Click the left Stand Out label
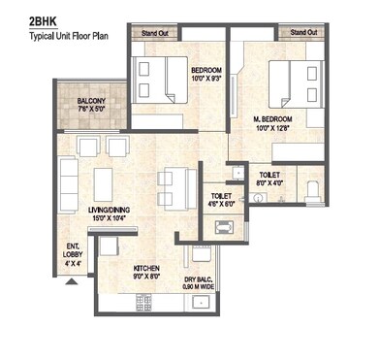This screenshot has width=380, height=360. [157, 34]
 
